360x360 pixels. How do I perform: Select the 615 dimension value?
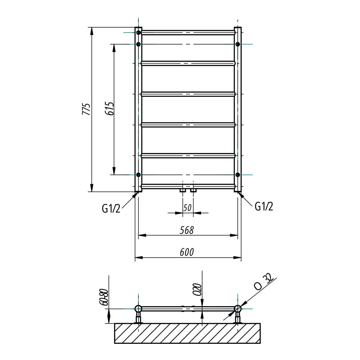coord(109,109)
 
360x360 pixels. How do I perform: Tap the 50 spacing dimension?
coord(187,208)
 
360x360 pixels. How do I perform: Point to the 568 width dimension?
coord(187,230)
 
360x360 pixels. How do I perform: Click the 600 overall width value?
coord(187,252)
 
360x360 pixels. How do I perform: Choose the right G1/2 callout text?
coord(264,207)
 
